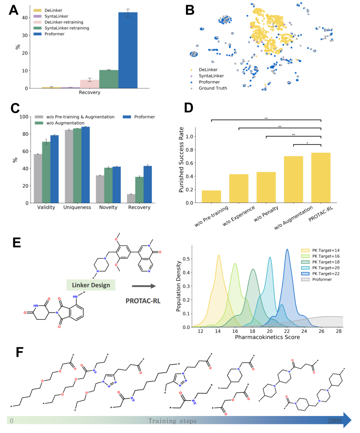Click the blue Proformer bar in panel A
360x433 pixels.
click(128, 50)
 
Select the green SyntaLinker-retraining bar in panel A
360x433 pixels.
click(109, 79)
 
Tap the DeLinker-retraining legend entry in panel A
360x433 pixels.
click(64, 22)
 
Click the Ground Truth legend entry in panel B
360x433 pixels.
click(213, 88)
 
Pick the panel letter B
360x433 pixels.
click(190, 10)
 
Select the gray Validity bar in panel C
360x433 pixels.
click(38, 178)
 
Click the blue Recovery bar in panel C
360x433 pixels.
click(148, 184)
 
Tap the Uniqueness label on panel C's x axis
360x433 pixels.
click(77, 207)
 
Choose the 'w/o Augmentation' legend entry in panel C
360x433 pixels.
click(65, 123)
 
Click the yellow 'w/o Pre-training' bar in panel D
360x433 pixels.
click(211, 197)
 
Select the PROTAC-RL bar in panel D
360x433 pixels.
click(321, 178)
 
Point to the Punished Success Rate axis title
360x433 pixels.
click(181, 160)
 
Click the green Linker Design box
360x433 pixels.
click(91, 285)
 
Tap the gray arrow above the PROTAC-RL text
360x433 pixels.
click(144, 286)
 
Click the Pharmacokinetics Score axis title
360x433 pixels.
click(267, 337)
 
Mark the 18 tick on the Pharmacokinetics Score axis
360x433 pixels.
click(252, 331)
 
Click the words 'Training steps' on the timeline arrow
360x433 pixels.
click(172, 421)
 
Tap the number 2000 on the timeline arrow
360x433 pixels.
click(334, 421)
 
